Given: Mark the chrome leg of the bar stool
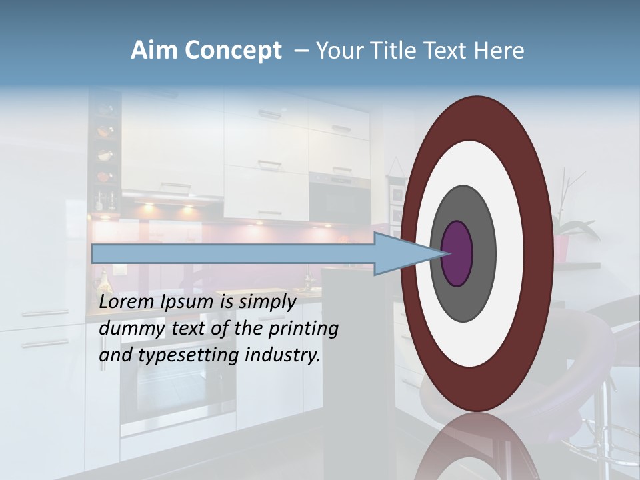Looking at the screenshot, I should [x=607, y=413].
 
